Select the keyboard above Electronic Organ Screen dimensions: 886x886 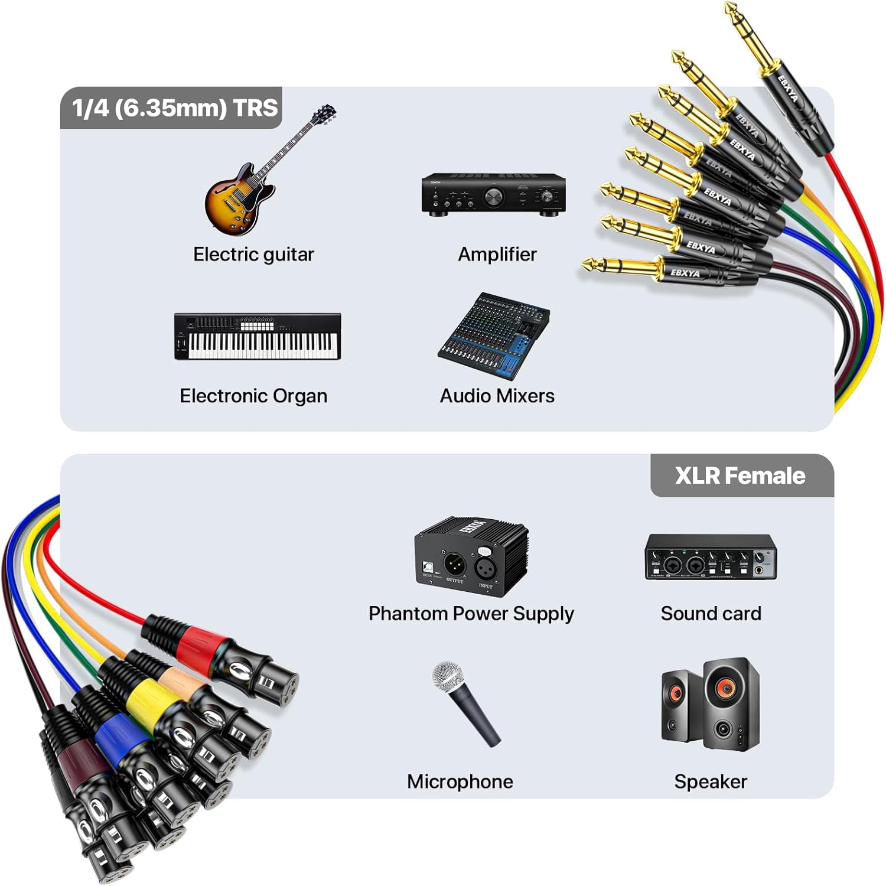pyautogui.click(x=258, y=337)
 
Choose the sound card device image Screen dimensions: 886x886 pyautogui.click(x=711, y=557)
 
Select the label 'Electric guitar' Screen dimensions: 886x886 pyautogui.click(x=253, y=255)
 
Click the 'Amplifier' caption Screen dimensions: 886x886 pyautogui.click(x=497, y=255)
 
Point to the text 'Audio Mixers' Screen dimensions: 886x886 pyautogui.click(x=497, y=396)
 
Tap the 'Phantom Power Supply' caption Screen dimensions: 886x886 pyautogui.click(x=471, y=614)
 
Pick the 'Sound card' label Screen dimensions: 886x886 pyautogui.click(x=711, y=614)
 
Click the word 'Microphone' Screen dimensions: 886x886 pyautogui.click(x=460, y=781)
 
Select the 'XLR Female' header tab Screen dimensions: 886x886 pyautogui.click(x=741, y=475)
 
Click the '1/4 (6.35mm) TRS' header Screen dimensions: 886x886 pyautogui.click(x=174, y=108)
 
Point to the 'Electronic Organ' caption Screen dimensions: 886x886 pyautogui.click(x=253, y=396)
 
